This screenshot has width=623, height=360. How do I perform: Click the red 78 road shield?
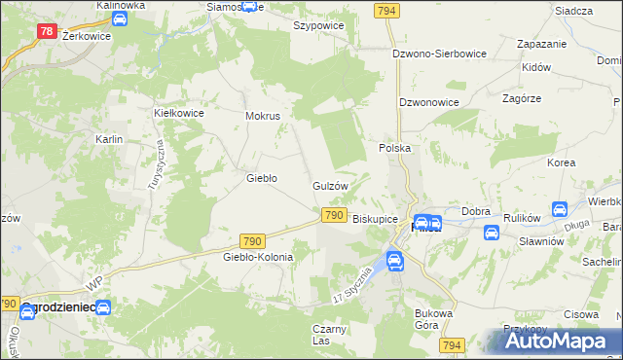coord(47,31)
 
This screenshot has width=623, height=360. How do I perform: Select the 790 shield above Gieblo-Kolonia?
coord(252,239)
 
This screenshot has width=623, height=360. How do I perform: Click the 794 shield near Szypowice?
coord(386,10)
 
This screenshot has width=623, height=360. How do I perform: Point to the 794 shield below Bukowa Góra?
coord(451,345)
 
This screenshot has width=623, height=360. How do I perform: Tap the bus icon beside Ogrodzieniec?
coord(102,307)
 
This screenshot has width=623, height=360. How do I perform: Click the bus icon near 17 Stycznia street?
coord(395,260)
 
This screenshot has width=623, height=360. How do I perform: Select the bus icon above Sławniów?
coord(492,233)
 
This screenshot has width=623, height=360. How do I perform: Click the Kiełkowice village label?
coord(179,113)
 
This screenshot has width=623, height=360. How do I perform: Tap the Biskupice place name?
coord(375,220)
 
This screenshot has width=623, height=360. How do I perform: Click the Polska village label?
coord(395,148)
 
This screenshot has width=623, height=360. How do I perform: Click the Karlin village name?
coord(108,140)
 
